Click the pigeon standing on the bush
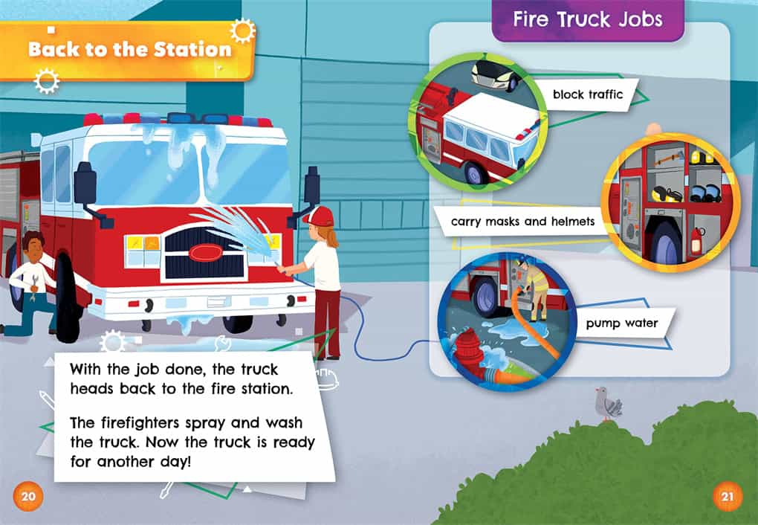coord(606,404)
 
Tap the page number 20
coord(28,496)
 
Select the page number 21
coord(728,496)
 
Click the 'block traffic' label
coord(587,94)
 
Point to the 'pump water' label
coord(622,323)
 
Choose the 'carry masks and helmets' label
coord(522,222)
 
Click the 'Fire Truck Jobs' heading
coord(587,19)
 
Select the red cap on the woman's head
coord(319,216)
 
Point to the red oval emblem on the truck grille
coord(206,252)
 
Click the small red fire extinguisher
coord(696,240)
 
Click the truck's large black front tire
coord(67,297)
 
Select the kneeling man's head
coord(33,245)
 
